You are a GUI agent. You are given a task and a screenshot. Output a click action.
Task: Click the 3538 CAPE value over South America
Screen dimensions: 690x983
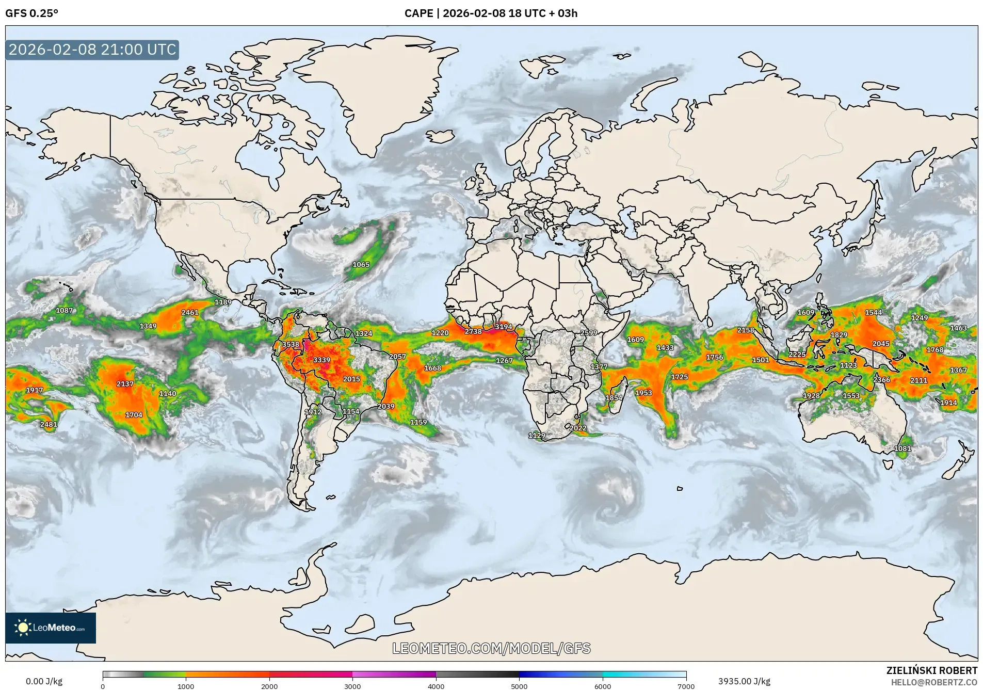291,344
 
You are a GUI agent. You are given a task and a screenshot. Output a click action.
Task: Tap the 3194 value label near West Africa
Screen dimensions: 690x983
504,327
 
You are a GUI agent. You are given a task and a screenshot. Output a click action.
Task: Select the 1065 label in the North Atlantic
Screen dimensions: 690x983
361,265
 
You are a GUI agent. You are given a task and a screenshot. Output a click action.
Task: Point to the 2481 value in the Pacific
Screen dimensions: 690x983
49,425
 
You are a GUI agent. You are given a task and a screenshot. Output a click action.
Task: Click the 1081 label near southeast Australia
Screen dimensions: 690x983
903,449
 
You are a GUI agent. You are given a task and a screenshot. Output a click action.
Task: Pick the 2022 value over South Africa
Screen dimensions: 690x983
578,428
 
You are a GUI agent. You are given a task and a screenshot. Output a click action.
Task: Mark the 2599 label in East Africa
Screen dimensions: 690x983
589,333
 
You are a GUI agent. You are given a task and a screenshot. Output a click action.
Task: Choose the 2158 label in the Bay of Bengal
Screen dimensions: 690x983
746,330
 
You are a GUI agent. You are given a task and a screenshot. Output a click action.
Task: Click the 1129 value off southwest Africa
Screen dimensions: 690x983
537,436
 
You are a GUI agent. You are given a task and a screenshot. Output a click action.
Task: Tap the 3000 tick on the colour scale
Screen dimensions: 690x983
352,686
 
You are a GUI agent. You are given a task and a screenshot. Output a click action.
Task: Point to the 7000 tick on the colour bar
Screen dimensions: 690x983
686,686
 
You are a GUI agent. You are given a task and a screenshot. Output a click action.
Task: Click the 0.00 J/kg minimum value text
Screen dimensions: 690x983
44,681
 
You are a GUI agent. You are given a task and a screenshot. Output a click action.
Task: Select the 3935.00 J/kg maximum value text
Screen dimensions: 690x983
744,681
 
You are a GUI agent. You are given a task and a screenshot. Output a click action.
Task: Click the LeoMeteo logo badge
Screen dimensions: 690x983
51,628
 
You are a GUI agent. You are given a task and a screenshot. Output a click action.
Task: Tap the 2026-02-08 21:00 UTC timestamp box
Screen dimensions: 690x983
92,50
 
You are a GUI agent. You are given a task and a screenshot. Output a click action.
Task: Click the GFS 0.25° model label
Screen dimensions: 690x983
32,13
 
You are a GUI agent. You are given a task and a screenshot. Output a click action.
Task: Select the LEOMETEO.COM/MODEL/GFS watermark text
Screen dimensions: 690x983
491,648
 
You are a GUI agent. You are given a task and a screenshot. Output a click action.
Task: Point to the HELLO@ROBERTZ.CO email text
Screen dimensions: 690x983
934,682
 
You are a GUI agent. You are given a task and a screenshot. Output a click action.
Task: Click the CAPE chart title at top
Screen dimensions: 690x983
491,13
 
